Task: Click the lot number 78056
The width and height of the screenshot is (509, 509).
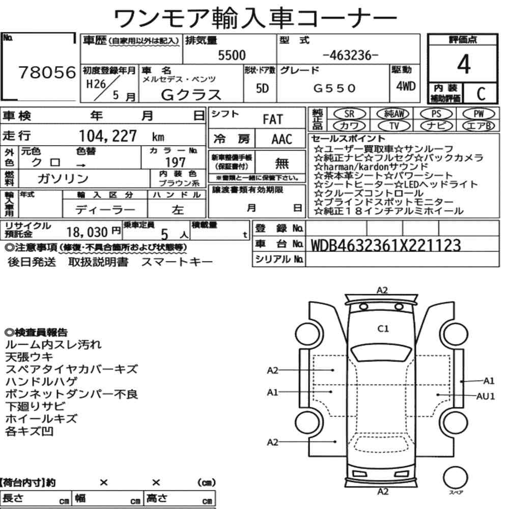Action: [47, 72]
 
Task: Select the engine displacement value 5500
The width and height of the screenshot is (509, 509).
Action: [232, 55]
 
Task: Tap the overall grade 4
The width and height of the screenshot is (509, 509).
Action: [464, 64]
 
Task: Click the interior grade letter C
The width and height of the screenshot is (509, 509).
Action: [481, 94]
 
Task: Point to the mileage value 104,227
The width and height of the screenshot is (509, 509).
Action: [108, 136]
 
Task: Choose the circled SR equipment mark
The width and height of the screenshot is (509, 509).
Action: [349, 114]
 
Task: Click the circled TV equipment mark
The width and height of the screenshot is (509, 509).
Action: [394, 125]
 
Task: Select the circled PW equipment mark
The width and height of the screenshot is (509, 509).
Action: [478, 114]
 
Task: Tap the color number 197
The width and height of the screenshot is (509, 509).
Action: [175, 162]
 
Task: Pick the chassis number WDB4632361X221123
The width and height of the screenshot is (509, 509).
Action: [386, 245]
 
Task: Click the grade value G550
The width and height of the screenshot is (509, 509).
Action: [334, 88]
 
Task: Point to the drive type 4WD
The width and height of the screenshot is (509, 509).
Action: [406, 86]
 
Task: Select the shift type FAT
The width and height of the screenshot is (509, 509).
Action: [273, 119]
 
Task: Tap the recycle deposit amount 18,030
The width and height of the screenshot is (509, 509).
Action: [87, 232]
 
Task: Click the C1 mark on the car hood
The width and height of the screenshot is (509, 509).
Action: [383, 329]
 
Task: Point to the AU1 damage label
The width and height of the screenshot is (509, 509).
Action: [486, 396]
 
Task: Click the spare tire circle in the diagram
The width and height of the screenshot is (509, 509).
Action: [455, 477]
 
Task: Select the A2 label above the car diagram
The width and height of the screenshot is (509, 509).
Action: [382, 290]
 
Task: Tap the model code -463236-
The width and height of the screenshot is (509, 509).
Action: [351, 55]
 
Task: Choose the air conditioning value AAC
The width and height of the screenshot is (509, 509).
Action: [282, 139]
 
